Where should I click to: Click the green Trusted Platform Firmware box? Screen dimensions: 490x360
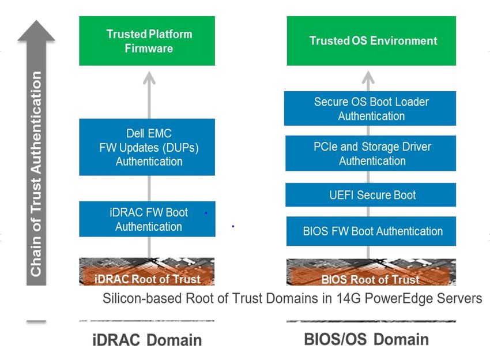pos(147,41)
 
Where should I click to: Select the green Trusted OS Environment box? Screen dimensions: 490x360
pos(371,41)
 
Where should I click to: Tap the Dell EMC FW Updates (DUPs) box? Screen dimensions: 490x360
pos(147,147)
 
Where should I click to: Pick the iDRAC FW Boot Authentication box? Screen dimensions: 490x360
pos(147,219)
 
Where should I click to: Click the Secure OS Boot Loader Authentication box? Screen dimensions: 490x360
pos(370,108)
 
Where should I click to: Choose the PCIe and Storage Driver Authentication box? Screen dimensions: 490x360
pos(371,153)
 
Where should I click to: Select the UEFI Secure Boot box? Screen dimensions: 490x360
pos(371,195)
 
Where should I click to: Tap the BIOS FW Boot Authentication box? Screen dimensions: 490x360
pos(371,231)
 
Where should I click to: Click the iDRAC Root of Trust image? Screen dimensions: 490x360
pos(147,272)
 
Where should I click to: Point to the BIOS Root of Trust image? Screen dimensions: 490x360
pos(371,272)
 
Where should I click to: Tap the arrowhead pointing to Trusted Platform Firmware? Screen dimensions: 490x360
pos(149,77)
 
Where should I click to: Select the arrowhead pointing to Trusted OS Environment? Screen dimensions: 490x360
pos(368,77)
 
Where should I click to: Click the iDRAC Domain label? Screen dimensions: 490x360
pos(147,340)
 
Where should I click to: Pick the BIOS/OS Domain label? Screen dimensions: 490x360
pos(366,339)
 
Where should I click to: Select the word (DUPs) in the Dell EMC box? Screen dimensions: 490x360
pos(180,148)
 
